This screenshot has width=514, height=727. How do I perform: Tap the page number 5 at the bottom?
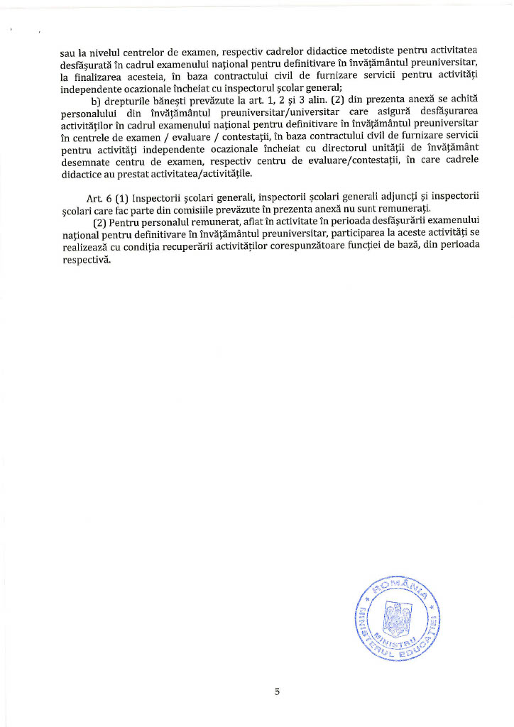(277, 692)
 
